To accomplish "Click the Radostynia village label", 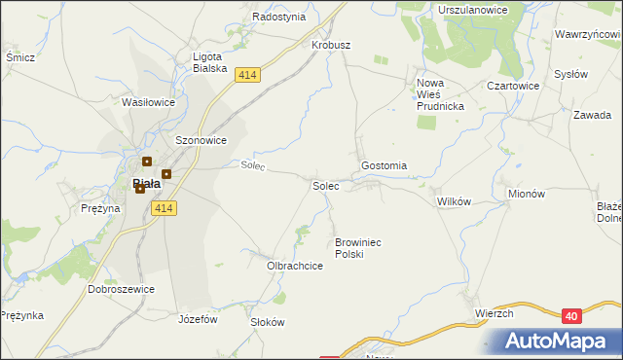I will click(278, 17).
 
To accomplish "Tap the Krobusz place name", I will click(331, 45).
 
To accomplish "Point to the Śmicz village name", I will click(20, 57).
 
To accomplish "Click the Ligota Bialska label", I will click(209, 62).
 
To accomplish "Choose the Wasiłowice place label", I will click(148, 101).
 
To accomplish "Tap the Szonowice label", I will click(201, 140).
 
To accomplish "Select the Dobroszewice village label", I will click(122, 289).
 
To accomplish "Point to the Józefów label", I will click(198, 318).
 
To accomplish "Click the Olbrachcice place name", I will click(295, 265).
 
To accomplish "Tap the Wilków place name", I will click(454, 201).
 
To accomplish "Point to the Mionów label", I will click(527, 194).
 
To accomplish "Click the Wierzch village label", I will click(495, 312).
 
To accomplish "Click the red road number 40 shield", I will click(572, 314).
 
